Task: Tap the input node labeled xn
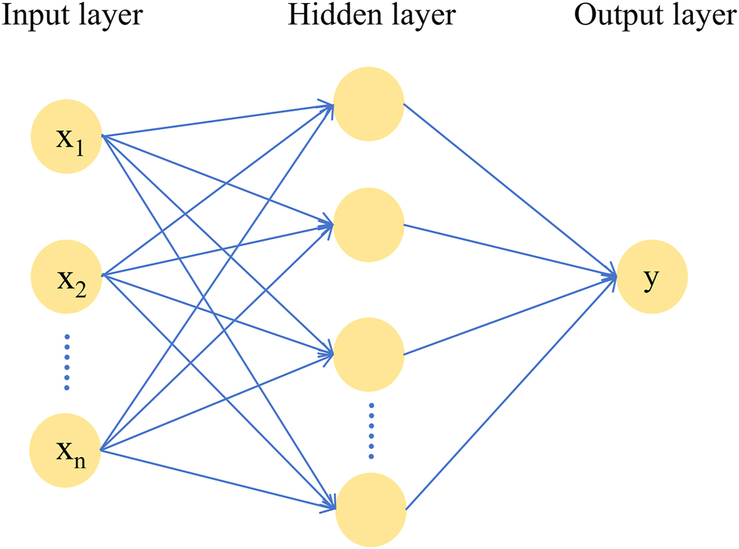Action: coord(65,451)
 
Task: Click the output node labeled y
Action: coord(652,278)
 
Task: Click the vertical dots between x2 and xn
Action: coord(66,362)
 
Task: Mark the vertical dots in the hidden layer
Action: coord(371,431)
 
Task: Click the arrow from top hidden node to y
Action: coord(508,190)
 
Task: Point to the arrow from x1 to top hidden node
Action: coord(216,121)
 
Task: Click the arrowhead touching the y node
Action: coord(611,276)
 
